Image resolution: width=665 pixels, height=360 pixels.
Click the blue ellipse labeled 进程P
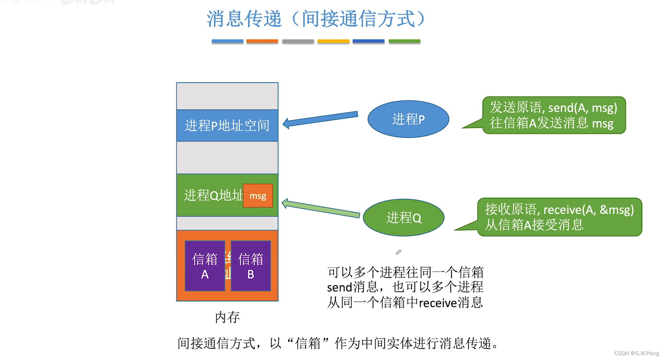pos(408,119)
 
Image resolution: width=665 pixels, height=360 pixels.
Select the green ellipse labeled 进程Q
pos(403,218)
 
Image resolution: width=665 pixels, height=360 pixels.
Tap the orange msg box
pos(258,196)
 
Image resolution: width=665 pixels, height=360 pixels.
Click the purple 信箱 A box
pos(205,266)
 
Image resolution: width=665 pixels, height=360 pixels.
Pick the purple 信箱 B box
pos(251,266)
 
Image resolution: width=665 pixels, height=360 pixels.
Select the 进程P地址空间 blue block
pos(227,125)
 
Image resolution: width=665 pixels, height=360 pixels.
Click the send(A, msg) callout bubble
pos(553,115)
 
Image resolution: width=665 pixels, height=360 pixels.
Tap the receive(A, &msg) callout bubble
pos(559,217)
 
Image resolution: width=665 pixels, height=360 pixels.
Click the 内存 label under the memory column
pos(227,317)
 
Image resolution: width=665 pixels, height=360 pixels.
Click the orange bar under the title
pos(262,41)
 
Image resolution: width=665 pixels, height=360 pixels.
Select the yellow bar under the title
pos(333,41)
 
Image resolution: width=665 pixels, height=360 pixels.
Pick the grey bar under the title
pos(298,41)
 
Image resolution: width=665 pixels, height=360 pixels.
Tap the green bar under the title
pos(404,41)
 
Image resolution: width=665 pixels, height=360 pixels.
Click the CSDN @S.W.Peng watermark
pos(636,353)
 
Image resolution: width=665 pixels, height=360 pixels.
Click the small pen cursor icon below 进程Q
pos(398,252)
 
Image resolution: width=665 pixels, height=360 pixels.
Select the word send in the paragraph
pos(340,288)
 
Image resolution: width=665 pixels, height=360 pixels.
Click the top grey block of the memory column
pos(227,96)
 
